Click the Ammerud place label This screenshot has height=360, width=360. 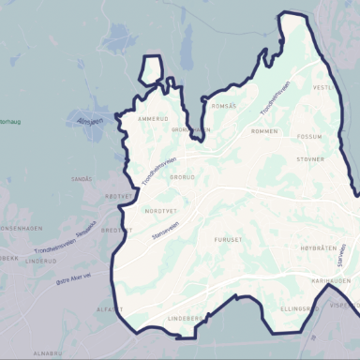pyautogui.click(x=152, y=119)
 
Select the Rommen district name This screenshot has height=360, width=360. pyautogui.click(x=265, y=130)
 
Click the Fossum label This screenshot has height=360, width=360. pyautogui.click(x=308, y=136)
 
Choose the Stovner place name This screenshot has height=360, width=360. pyautogui.click(x=309, y=159)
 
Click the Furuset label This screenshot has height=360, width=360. pyautogui.click(x=228, y=239)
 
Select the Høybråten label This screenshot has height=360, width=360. pyautogui.click(x=317, y=248)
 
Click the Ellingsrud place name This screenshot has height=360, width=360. pyautogui.click(x=299, y=307)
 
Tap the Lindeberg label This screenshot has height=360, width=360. pyautogui.click(x=185, y=319)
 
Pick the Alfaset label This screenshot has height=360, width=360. pyautogui.click(x=109, y=308)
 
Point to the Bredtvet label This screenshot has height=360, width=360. pyautogui.click(x=116, y=230)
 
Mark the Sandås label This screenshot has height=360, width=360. pyautogui.click(x=82, y=178)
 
